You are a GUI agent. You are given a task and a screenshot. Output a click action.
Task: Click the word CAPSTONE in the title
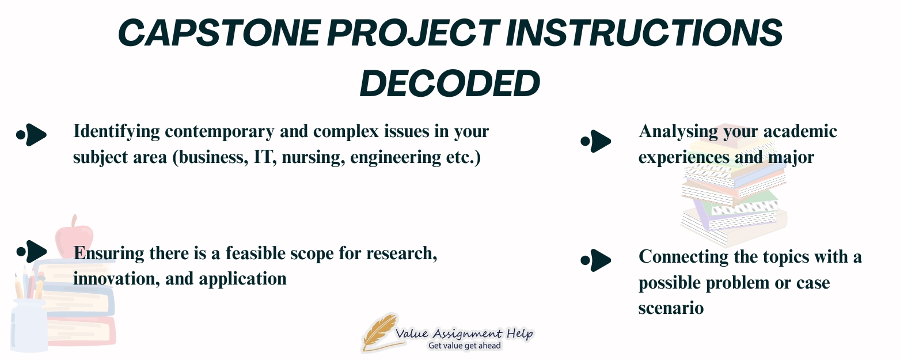point(212,33)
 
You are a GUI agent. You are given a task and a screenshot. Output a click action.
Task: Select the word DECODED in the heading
point(450,84)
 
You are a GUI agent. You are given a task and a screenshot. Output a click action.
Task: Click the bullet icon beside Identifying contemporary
point(31,134)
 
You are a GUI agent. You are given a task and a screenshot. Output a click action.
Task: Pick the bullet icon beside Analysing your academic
point(595,141)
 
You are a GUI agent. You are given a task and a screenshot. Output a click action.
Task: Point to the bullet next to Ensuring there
point(31,251)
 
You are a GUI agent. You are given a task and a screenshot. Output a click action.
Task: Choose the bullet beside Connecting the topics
point(595,260)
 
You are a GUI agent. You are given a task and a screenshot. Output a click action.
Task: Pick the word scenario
point(671,308)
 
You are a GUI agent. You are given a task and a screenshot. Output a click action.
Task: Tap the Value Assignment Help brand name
point(464,334)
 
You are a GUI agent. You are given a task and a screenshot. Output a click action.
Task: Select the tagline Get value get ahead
point(464,346)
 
